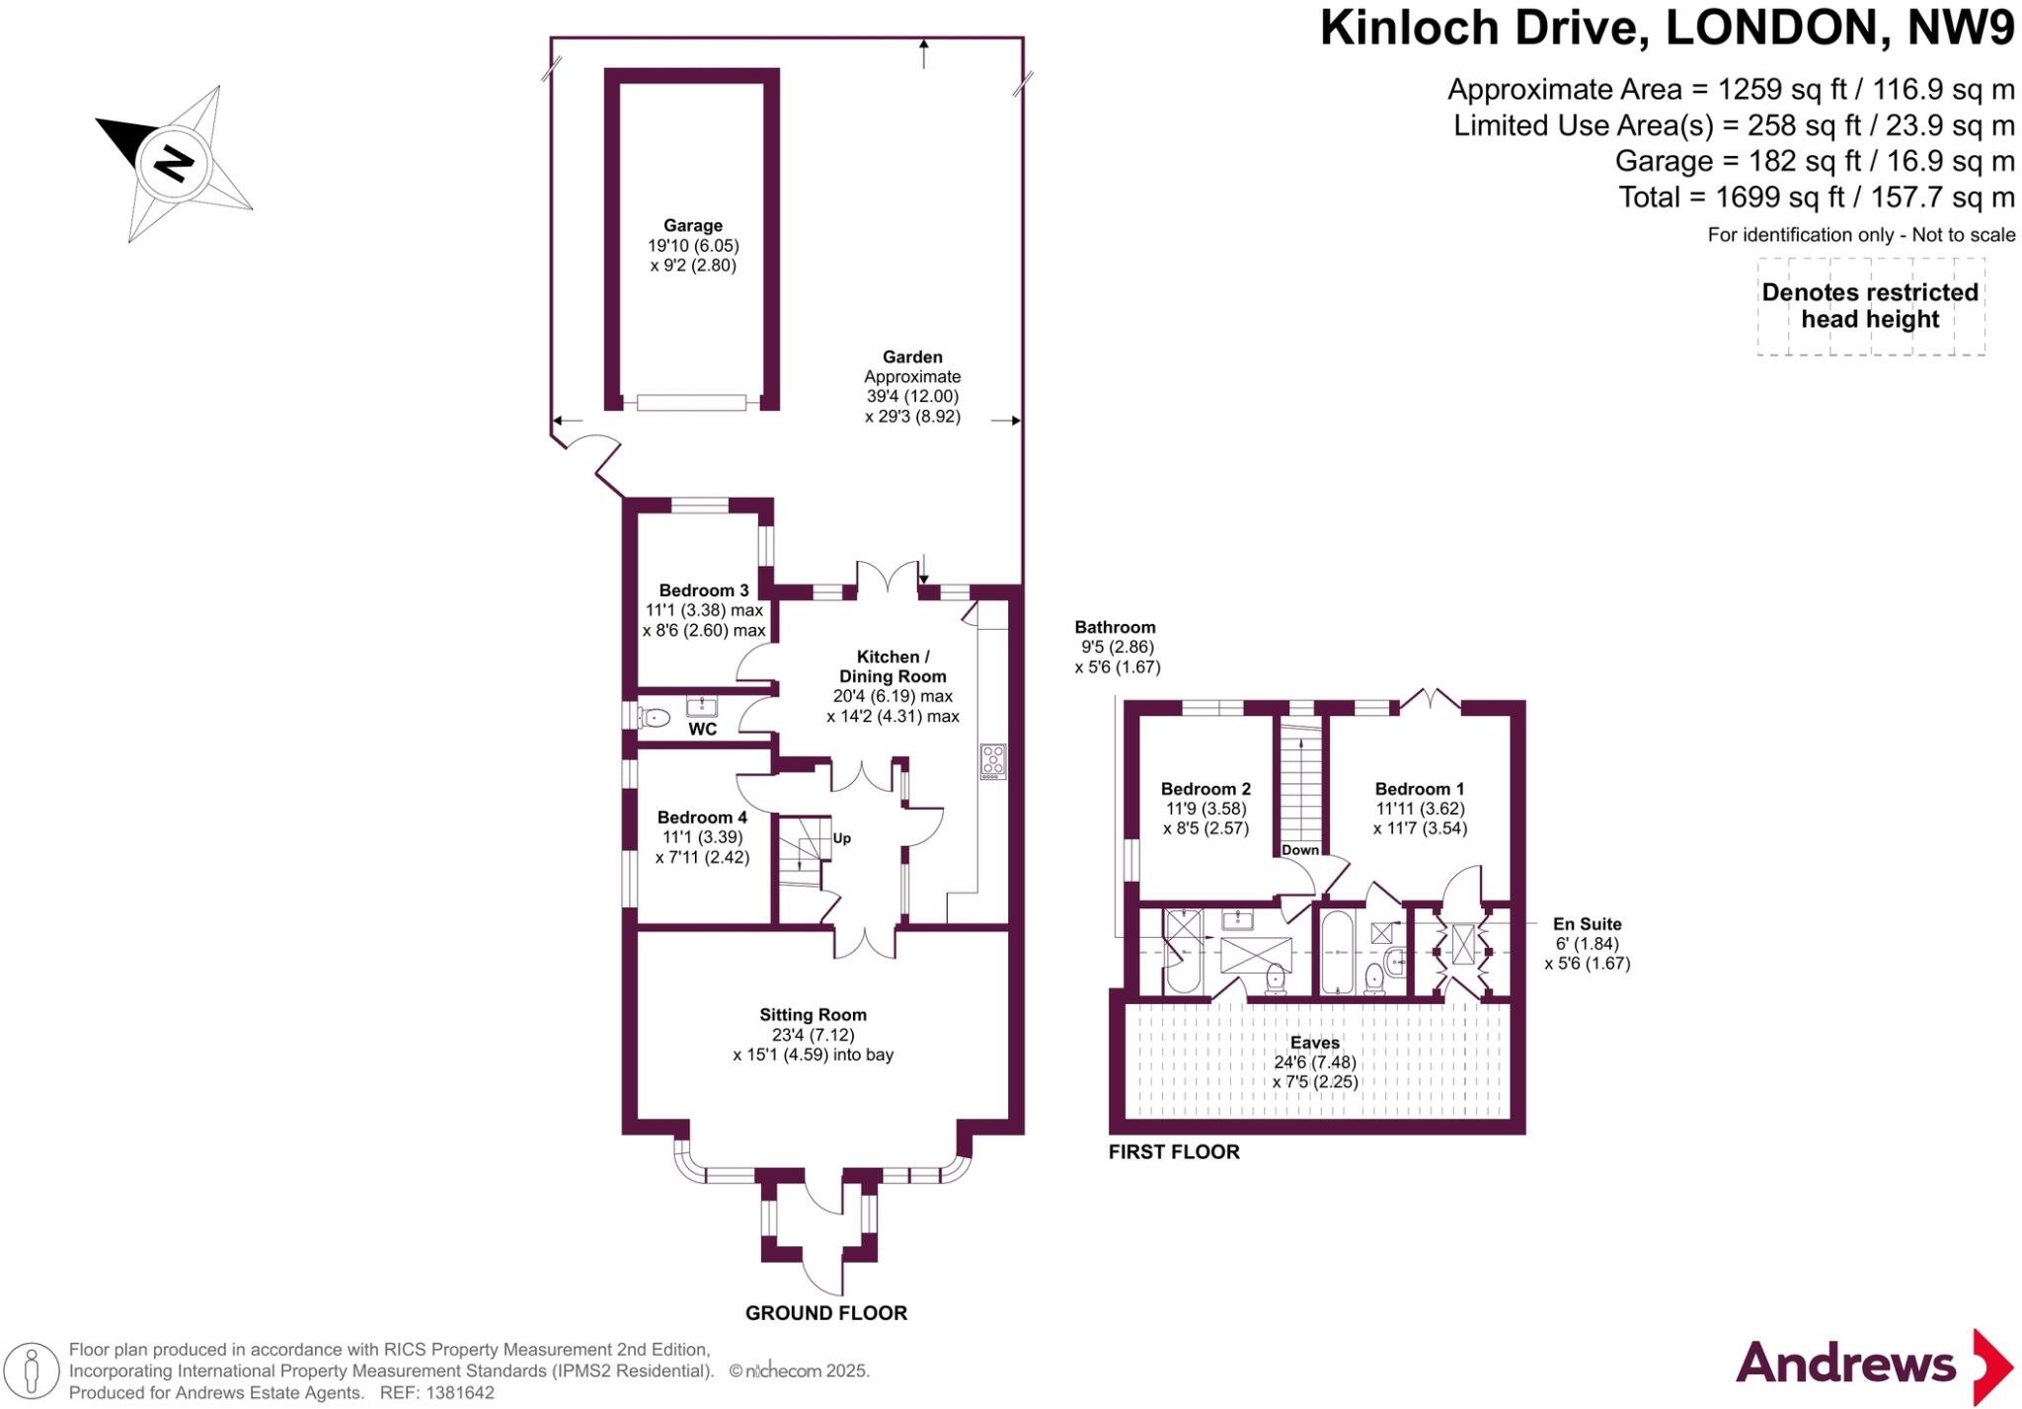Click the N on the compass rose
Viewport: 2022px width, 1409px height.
pyautogui.click(x=175, y=163)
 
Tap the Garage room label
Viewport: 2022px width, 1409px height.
pyautogui.click(x=693, y=225)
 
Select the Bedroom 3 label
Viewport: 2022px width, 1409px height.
pyautogui.click(x=704, y=590)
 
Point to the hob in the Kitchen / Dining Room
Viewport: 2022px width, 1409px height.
pyautogui.click(x=992, y=760)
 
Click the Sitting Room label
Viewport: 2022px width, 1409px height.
pyautogui.click(x=813, y=1014)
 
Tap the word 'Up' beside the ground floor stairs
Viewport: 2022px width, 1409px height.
pyautogui.click(x=842, y=838)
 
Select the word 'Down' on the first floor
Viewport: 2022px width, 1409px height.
pyautogui.click(x=1300, y=850)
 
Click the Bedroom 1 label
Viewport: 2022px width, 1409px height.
pyautogui.click(x=1420, y=789)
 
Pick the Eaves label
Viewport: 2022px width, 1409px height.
pyautogui.click(x=1315, y=1043)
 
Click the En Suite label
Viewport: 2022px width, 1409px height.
pyautogui.click(x=1588, y=924)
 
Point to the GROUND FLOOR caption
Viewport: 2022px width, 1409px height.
pyautogui.click(x=826, y=1313)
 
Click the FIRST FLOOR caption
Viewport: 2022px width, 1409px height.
pyautogui.click(x=1174, y=1151)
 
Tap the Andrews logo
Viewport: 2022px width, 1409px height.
pyautogui.click(x=1875, y=1367)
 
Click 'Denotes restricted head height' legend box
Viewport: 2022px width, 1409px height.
pyautogui.click(x=1871, y=306)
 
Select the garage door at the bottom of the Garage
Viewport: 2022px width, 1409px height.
pyautogui.click(x=691, y=402)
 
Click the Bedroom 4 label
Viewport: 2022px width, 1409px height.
pyautogui.click(x=702, y=818)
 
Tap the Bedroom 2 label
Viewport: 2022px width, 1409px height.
pyautogui.click(x=1205, y=789)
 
